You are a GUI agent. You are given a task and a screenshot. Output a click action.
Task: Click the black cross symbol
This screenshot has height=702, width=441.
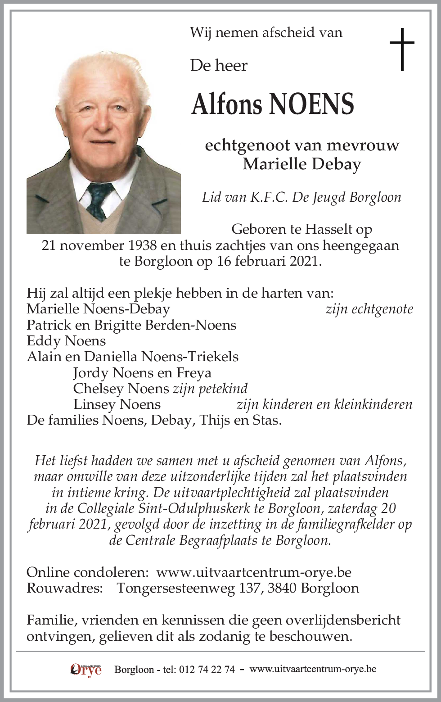(x=401, y=49)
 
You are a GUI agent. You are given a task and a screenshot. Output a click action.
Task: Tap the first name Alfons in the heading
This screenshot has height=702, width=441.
(x=227, y=104)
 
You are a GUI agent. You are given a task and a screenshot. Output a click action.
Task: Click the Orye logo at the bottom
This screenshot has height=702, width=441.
(x=86, y=669)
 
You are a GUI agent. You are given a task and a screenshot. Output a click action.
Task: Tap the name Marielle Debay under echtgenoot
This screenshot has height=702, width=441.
(x=302, y=164)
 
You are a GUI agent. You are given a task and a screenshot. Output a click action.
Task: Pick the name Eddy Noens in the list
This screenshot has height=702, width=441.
(x=66, y=340)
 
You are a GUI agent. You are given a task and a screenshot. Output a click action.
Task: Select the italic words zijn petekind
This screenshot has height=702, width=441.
(x=210, y=388)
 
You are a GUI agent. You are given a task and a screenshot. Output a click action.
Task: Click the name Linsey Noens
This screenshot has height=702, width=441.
(x=117, y=404)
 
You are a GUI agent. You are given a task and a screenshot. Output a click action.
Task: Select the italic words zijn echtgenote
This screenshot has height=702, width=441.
(x=369, y=309)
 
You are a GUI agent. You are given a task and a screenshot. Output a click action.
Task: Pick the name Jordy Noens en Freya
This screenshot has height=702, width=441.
(x=142, y=372)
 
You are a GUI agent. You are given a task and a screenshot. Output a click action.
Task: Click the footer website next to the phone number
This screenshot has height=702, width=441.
(x=313, y=669)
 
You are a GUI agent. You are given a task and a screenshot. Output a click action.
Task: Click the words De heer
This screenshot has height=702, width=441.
(x=219, y=65)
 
